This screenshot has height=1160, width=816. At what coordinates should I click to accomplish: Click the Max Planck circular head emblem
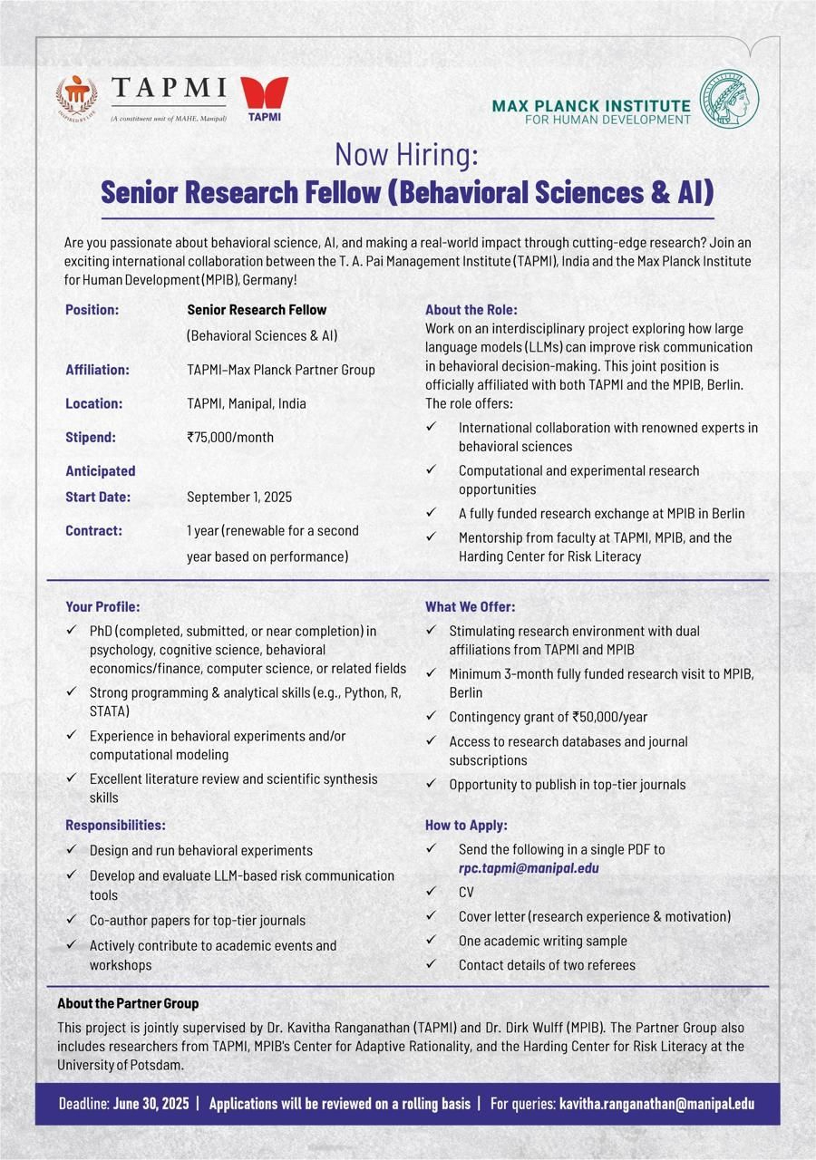[x=730, y=99]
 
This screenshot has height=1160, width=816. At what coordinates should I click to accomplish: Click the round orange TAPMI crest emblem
[x=76, y=98]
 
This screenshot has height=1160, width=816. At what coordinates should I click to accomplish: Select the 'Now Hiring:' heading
[x=406, y=155]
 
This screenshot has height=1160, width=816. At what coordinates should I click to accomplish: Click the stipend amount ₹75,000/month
[x=230, y=437]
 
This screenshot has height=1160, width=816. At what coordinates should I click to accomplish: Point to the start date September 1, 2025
[x=239, y=497]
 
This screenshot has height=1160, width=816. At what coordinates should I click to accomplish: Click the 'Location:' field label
[x=93, y=403]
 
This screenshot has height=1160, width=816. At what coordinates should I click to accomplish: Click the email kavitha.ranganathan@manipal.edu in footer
[x=656, y=1104]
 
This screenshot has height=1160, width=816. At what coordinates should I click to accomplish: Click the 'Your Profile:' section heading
[x=102, y=606]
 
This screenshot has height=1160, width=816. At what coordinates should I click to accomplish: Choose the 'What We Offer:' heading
[x=470, y=606]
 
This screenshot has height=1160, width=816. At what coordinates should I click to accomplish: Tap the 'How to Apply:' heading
[x=466, y=825]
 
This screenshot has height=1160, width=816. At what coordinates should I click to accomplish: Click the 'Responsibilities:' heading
[x=115, y=825]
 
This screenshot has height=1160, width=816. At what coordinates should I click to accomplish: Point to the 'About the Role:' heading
[x=471, y=310]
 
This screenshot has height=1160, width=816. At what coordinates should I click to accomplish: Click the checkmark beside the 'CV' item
[x=432, y=892]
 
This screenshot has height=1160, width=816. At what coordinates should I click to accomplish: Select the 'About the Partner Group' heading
[x=128, y=1003]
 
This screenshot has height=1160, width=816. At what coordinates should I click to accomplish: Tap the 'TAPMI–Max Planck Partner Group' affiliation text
[x=280, y=370]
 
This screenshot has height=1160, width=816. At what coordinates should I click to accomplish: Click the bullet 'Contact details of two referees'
[x=547, y=965]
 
